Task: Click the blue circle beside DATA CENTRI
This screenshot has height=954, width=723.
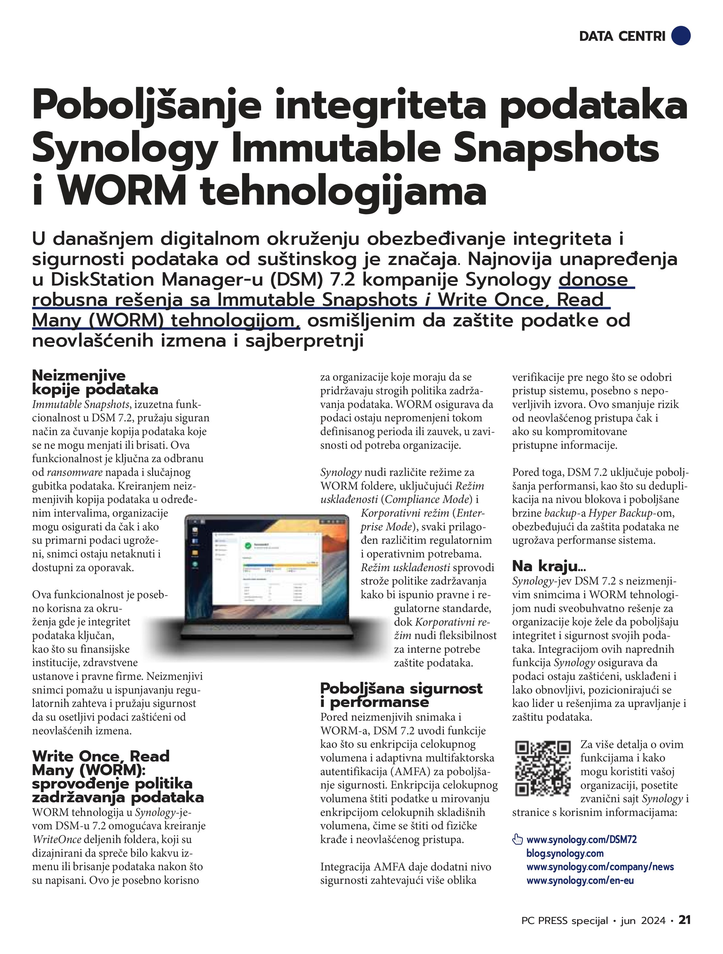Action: coord(681,36)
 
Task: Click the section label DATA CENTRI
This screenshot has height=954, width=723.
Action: coord(622,36)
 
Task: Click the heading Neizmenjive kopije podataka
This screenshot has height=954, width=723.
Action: coord(95,383)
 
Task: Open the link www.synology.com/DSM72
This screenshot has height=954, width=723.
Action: coord(582,839)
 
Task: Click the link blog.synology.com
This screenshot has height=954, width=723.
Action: coord(565,853)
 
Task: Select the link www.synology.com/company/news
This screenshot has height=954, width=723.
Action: coord(600,867)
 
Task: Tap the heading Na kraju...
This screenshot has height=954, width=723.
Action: coord(549,566)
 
